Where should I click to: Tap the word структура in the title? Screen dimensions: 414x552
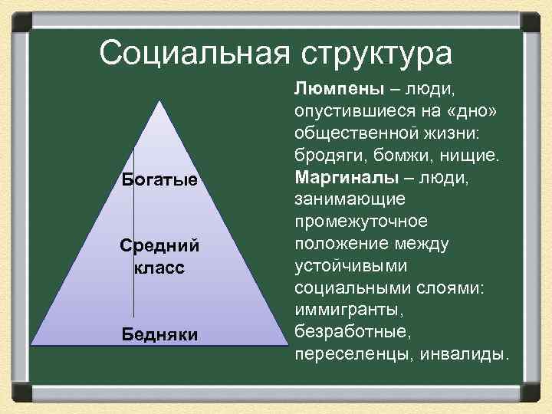373,53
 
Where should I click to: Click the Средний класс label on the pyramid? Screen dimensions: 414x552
159,258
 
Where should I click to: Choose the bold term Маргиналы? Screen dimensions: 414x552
345,178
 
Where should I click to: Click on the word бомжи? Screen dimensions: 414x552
393,156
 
